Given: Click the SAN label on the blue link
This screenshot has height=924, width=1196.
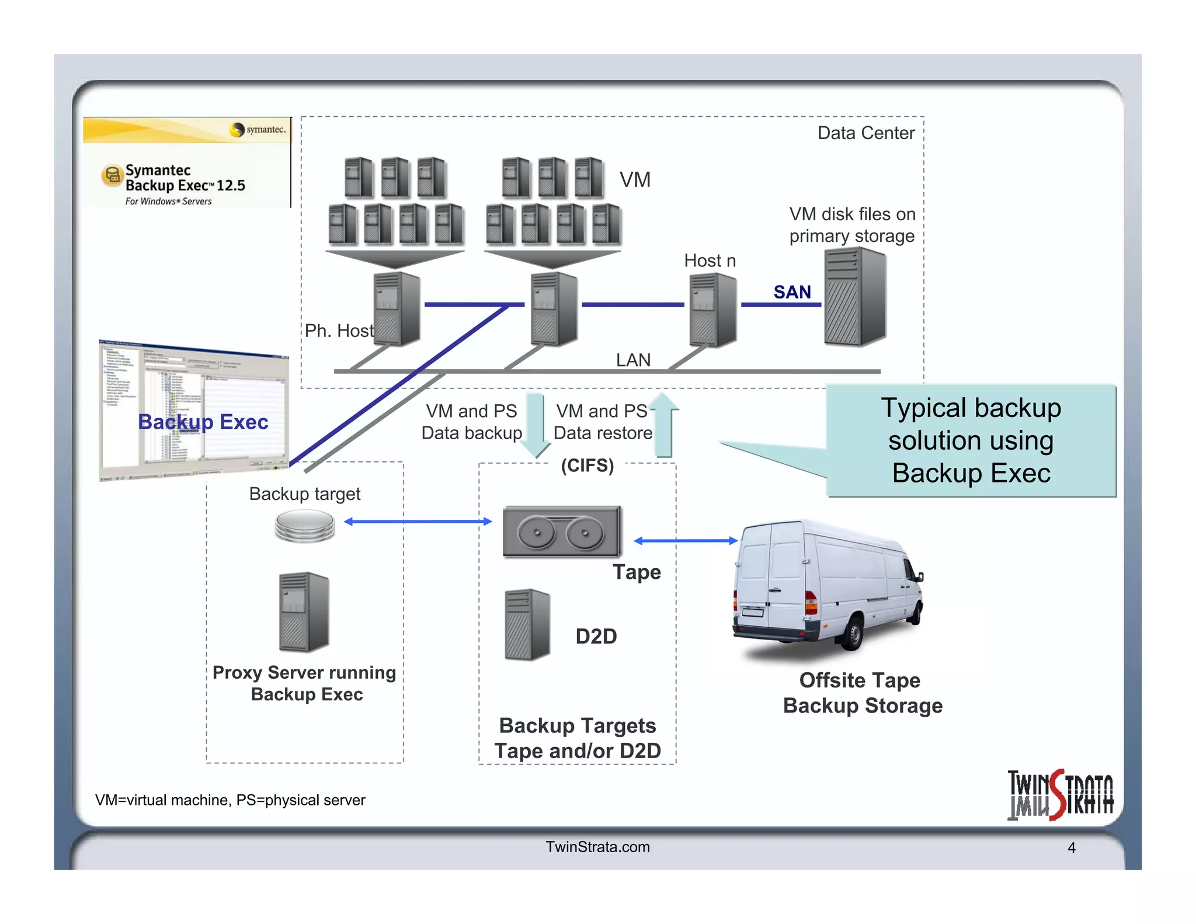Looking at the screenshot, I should click(792, 292).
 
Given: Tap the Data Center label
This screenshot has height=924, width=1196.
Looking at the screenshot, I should click(865, 133).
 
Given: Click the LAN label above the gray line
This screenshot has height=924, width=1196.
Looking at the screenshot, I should click(633, 360).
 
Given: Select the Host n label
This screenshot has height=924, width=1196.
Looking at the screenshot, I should click(710, 260).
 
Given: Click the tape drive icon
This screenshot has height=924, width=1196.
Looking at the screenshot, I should click(562, 531).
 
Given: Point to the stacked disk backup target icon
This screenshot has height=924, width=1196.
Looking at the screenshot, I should click(305, 525).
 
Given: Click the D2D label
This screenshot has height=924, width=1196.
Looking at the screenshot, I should click(596, 636).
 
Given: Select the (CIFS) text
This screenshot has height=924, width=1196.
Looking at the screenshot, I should click(587, 466).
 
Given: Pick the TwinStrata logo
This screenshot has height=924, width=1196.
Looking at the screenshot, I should click(1060, 795).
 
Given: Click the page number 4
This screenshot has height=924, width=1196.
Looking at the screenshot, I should click(1071, 847).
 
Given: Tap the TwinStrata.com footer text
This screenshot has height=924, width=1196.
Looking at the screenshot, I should click(597, 847).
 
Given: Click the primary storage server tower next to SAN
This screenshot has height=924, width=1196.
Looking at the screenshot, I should click(855, 297).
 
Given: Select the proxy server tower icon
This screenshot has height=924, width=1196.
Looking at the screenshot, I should click(304, 612).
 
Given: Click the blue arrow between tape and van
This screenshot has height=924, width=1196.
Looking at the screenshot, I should click(686, 541).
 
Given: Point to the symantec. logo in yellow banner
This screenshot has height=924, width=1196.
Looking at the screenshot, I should click(259, 130).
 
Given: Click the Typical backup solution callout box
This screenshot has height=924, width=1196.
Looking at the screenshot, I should click(971, 440).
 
